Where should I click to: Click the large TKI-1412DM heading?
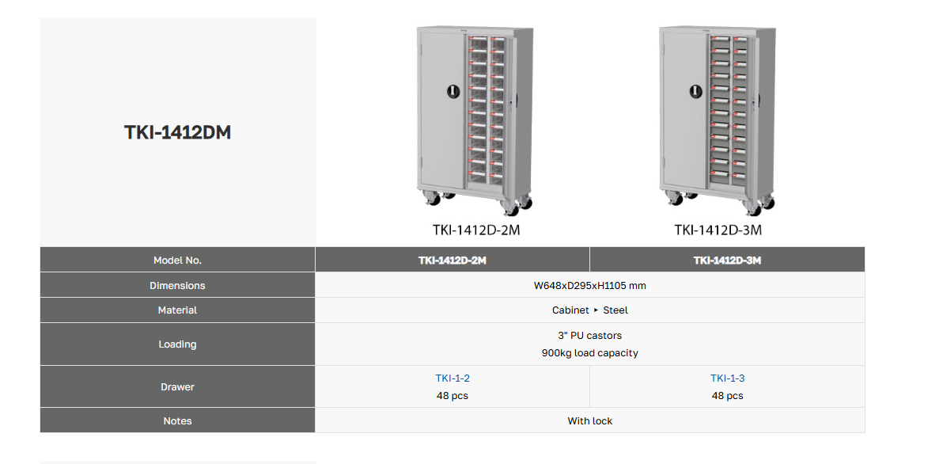177,132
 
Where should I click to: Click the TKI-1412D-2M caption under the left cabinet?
475,230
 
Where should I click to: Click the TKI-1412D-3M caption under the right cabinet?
718,230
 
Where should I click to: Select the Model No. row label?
177,261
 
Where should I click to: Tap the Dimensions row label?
177,286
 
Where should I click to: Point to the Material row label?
177,310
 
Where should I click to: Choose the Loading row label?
177,344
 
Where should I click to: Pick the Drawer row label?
177,387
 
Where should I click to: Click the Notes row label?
177,421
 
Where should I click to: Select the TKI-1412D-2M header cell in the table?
453,261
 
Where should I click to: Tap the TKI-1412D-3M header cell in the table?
727,261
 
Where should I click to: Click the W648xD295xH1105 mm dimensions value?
590,286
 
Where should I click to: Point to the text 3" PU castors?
590,336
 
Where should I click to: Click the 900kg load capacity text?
590,353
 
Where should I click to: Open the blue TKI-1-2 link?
453,378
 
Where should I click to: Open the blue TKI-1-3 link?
727,378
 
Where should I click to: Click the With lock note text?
590,421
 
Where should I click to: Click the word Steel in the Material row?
615,310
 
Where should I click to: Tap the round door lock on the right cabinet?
697,91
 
